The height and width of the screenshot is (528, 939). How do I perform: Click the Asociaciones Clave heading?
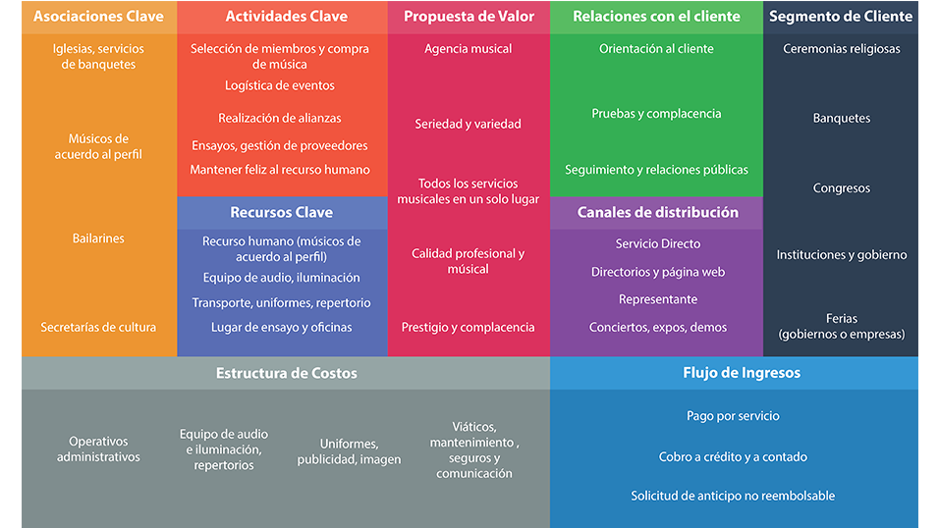point(98,17)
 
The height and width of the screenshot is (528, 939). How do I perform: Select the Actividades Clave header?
point(281,17)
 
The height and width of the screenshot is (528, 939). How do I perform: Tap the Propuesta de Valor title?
point(468,17)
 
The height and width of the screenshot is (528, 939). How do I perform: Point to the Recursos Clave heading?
point(281,212)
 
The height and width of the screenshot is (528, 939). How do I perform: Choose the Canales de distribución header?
point(657,212)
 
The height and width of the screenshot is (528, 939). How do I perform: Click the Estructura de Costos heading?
point(287,373)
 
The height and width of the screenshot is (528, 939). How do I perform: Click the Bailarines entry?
point(98,238)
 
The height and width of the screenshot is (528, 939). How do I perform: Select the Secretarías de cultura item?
point(98,327)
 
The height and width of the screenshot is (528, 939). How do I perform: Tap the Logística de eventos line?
point(280,85)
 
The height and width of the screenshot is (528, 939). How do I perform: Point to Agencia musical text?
point(468,49)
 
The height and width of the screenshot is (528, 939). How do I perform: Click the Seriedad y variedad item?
point(468,124)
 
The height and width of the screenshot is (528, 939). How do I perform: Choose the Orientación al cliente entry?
point(656,49)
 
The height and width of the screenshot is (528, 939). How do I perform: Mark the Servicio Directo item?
point(657,243)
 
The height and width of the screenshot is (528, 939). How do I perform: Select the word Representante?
point(657,299)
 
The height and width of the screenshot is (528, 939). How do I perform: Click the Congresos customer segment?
point(841,188)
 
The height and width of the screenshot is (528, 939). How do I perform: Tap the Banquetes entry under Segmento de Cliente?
point(841,118)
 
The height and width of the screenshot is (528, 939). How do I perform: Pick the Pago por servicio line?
point(733,416)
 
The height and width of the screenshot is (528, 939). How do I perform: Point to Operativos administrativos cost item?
point(98,449)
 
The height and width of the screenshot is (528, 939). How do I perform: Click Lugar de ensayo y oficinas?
point(281,327)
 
